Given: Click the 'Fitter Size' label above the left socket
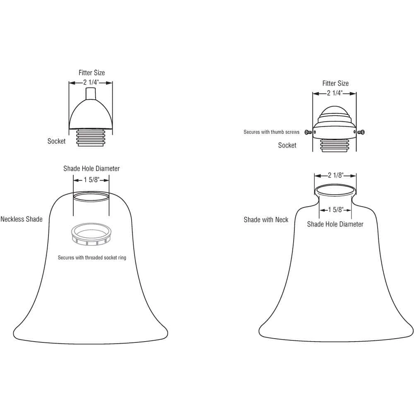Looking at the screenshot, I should [91, 73].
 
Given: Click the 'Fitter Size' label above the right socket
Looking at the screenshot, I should [335, 84].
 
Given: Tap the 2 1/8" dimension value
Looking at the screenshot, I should [335, 175].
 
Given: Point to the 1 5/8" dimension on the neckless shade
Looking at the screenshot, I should [91, 180].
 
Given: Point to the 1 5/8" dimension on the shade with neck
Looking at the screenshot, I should [335, 209].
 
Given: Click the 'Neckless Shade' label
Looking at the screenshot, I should [22, 219].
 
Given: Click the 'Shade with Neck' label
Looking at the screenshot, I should [266, 220].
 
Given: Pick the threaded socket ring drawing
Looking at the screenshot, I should [91, 233].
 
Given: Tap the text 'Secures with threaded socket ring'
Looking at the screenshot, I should [92, 258].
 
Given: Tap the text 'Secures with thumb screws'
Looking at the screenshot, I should [271, 132].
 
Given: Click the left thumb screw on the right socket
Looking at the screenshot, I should [308, 132].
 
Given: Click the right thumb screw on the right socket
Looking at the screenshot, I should [362, 132].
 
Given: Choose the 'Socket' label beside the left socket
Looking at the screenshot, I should [56, 141].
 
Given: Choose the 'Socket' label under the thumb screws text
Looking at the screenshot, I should [287, 145].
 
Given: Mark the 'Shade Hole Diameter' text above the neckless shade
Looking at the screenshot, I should [91, 168].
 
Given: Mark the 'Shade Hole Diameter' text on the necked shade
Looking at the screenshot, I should [335, 224].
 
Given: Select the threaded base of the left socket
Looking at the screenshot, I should [90, 137].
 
